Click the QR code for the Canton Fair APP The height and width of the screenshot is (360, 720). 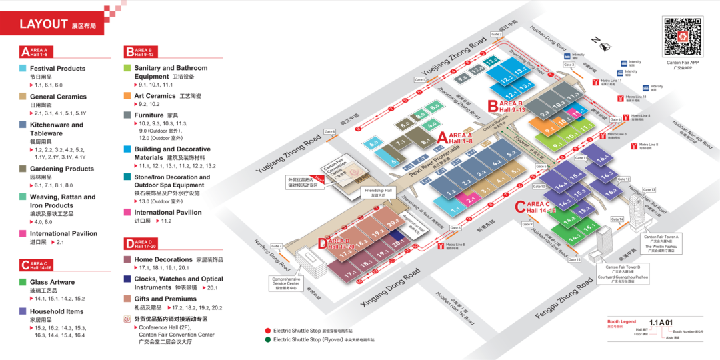click(683, 37)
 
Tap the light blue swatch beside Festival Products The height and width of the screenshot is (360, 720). click(23, 68)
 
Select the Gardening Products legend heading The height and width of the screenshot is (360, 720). click(62, 169)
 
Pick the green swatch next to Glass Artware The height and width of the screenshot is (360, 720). click(23, 282)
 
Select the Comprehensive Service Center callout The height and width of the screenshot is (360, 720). click(286, 283)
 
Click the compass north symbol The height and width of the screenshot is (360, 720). click(605, 46)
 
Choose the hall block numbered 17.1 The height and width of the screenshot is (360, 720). click(352, 273)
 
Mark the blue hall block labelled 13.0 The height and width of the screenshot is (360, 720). click(492, 62)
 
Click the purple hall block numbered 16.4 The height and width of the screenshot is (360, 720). click(603, 159)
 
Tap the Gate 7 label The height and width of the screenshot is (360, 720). click(277, 246)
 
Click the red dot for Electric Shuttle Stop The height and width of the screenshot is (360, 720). click(267, 331)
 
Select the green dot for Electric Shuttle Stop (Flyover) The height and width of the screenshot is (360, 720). click(267, 339)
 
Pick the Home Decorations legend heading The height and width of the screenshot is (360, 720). click(163, 259)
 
